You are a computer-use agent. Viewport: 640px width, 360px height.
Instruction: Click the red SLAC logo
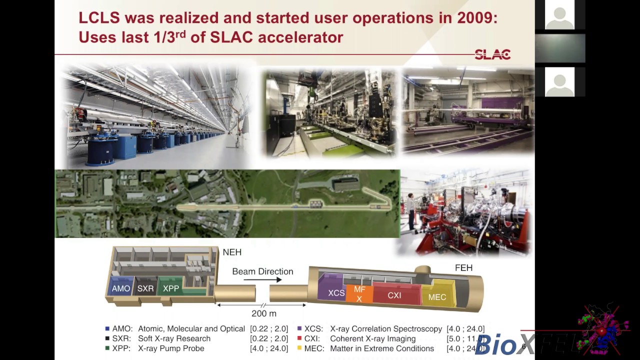(492, 54)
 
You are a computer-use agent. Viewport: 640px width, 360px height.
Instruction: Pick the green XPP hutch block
(171, 288)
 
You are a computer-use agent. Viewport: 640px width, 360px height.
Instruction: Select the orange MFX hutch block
(359, 294)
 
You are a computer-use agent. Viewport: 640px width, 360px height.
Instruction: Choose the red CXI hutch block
(394, 295)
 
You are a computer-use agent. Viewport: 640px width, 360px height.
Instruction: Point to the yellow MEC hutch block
(437, 297)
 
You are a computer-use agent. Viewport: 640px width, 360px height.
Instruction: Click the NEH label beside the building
(232, 252)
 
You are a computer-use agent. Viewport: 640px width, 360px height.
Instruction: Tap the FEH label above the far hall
(463, 268)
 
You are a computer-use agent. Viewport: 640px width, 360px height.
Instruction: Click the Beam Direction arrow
(263, 280)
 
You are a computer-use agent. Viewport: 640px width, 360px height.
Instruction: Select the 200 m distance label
(263, 313)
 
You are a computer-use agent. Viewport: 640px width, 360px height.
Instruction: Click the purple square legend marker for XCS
(299, 328)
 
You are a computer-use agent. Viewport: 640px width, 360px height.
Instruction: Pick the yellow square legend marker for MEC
(299, 348)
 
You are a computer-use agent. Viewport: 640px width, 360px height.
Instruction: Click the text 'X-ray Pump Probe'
(171, 348)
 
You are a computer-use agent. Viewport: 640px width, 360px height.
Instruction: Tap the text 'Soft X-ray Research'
(174, 338)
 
